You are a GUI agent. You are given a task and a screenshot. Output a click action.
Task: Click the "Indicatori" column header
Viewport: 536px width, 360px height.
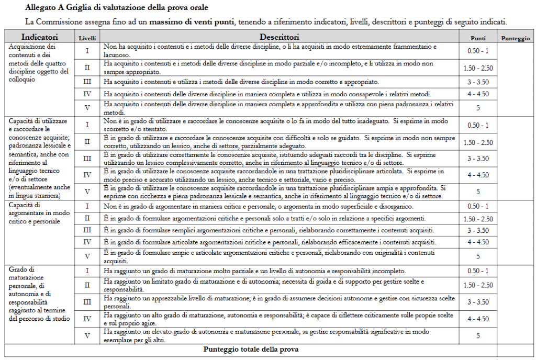39,38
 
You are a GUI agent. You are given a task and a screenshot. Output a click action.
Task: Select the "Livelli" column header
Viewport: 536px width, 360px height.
87,38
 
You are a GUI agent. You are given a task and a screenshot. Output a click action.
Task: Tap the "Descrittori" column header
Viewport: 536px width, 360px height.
280,38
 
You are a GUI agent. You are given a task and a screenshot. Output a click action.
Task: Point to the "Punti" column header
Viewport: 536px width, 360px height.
478,38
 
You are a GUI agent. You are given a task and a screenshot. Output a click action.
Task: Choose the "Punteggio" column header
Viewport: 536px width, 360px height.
515,38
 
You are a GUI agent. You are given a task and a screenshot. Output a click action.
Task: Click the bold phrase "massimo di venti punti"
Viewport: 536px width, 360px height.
193,22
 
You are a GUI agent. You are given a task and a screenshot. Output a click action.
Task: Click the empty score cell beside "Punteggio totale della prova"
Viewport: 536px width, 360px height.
515,349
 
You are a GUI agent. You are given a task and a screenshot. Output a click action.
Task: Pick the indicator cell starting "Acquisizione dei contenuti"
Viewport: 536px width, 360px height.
39,63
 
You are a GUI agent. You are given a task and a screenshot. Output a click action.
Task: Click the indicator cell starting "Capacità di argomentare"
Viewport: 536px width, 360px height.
39,213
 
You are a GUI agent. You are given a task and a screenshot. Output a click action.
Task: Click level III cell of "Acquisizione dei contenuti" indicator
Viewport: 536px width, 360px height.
87,82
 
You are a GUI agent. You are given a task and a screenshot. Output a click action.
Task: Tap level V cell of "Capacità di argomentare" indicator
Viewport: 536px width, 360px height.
87,256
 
